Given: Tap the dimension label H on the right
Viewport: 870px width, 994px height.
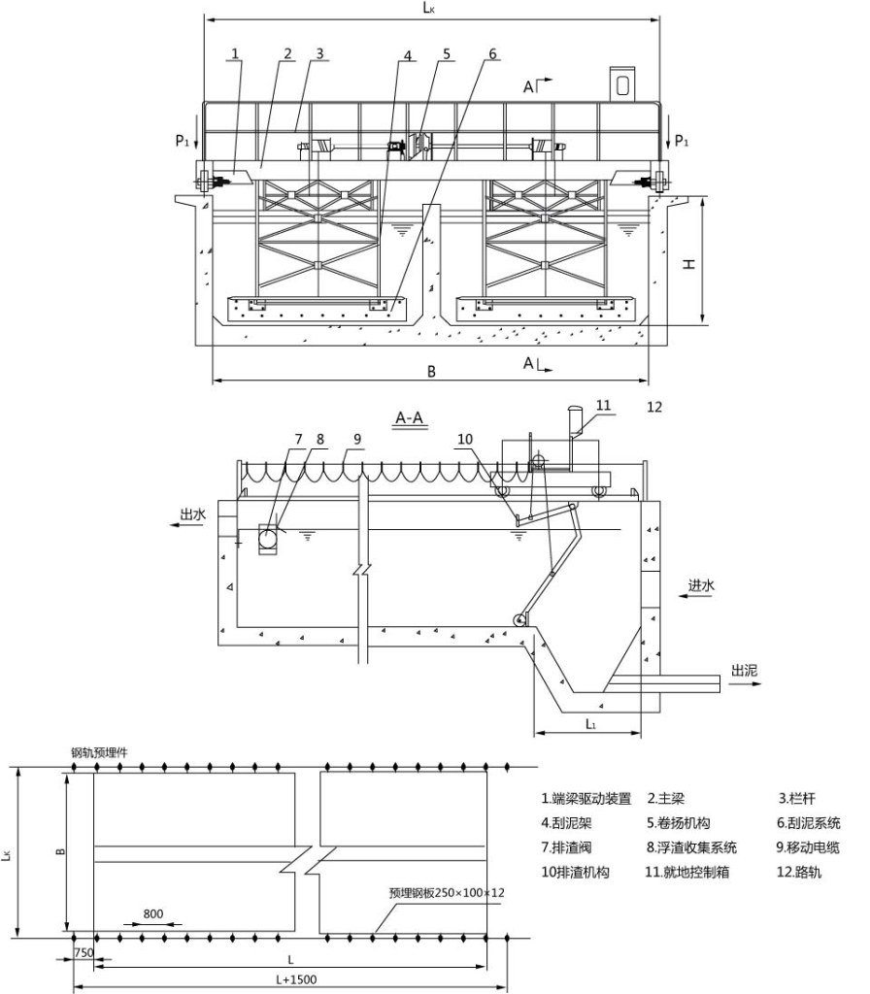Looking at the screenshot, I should (x=688, y=263).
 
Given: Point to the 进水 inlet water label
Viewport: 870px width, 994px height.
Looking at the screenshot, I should (x=702, y=585).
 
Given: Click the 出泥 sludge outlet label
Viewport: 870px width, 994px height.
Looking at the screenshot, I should (x=745, y=670).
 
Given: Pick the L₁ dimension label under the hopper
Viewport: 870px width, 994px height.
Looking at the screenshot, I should (x=590, y=724).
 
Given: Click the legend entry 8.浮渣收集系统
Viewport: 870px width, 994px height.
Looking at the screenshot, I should (x=696, y=847).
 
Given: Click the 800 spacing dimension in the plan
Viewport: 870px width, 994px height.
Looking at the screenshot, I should (x=152, y=914).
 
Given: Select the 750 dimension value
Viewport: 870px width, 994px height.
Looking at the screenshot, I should (x=84, y=952).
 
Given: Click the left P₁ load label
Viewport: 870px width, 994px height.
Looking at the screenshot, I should (x=183, y=141).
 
